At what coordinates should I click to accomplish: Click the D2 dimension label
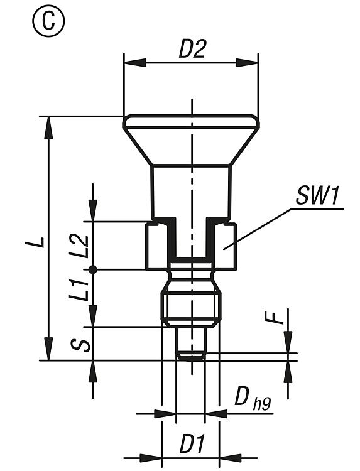[x=192, y=49]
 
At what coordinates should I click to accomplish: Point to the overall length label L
[x=39, y=242]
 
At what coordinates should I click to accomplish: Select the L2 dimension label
[x=79, y=246]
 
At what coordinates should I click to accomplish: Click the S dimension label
[x=80, y=345]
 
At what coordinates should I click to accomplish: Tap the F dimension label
[x=273, y=318]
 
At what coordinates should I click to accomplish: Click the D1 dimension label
[x=192, y=444]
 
